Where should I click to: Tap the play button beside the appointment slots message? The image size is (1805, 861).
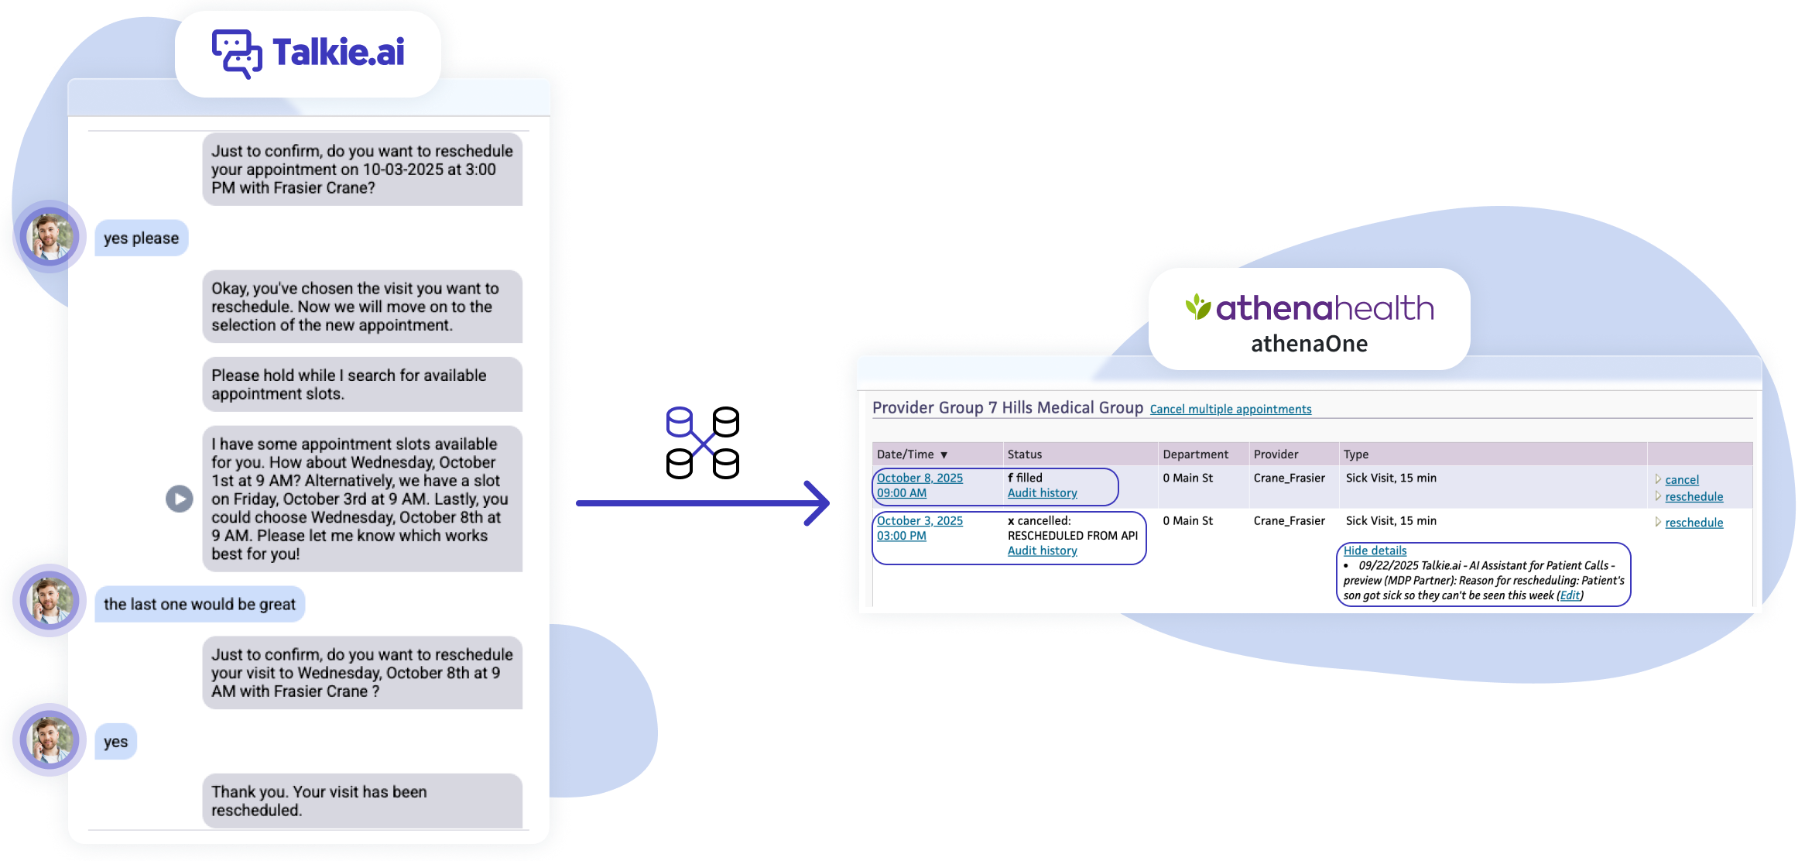(x=180, y=499)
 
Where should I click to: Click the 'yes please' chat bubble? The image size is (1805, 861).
(x=141, y=238)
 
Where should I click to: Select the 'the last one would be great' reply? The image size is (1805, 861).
(x=200, y=605)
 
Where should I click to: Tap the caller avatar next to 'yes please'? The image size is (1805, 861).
(x=50, y=236)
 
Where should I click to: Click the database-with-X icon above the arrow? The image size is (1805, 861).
(x=690, y=430)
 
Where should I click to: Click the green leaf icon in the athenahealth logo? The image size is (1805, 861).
(x=1197, y=307)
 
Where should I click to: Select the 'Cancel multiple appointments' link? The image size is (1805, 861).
(x=1231, y=410)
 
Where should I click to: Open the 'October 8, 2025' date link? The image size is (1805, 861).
(x=920, y=478)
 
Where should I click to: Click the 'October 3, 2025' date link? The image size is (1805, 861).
(x=920, y=521)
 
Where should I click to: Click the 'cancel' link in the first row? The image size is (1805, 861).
(x=1682, y=480)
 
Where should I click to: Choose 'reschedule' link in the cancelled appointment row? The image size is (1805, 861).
(x=1694, y=523)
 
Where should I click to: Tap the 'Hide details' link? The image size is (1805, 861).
(x=1375, y=551)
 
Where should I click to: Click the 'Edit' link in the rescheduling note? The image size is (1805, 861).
(x=1570, y=595)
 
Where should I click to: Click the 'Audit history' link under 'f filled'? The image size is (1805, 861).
(x=1042, y=493)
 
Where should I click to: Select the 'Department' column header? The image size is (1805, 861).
(x=1195, y=455)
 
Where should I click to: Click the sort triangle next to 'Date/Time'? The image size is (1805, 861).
(x=944, y=455)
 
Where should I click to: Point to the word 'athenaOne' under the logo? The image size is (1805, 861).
(x=1309, y=344)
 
